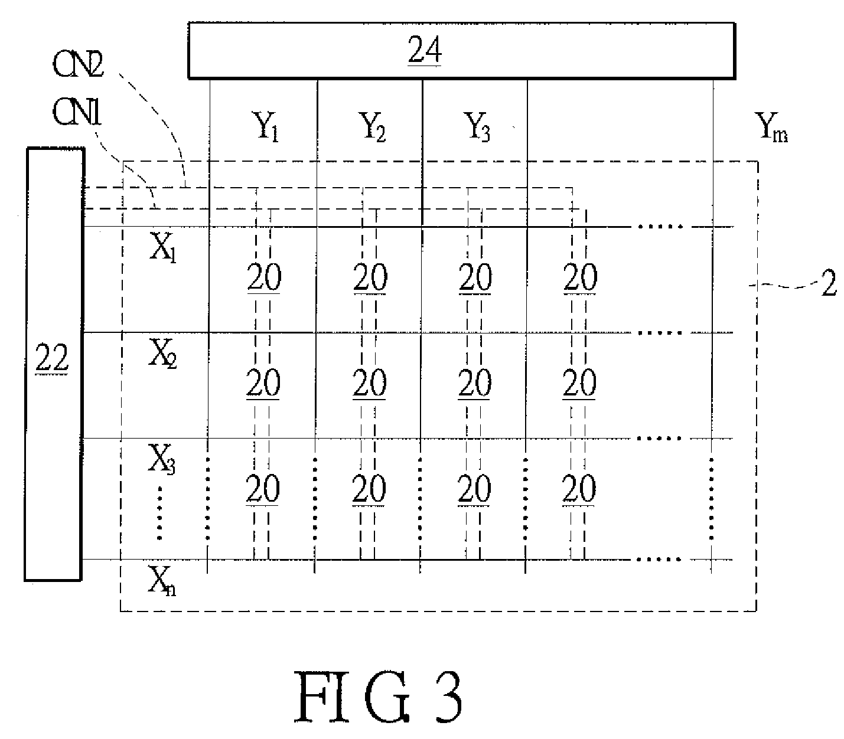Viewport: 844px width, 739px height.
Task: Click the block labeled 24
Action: (x=462, y=50)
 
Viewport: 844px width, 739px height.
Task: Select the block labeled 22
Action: (x=54, y=364)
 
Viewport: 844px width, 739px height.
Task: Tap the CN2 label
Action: (x=78, y=64)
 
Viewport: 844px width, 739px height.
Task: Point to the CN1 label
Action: (x=77, y=113)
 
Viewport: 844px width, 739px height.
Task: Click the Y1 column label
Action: (x=265, y=126)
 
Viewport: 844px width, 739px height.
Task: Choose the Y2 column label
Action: (x=372, y=126)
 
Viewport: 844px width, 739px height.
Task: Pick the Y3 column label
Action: (x=477, y=126)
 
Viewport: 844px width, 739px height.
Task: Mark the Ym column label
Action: (x=771, y=127)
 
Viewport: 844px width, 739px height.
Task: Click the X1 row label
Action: (x=163, y=248)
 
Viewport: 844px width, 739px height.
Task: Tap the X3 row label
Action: (x=162, y=459)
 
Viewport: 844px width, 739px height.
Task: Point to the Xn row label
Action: (x=162, y=581)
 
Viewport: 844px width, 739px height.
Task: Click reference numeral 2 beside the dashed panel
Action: (x=829, y=283)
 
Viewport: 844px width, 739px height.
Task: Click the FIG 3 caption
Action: (x=378, y=697)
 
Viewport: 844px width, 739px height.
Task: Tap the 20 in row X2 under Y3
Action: (x=474, y=382)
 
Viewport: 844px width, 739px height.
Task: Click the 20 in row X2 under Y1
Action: (x=263, y=382)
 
